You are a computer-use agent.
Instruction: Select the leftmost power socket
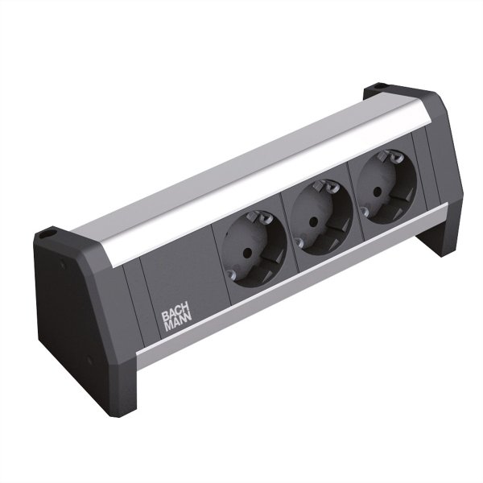[257, 250]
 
